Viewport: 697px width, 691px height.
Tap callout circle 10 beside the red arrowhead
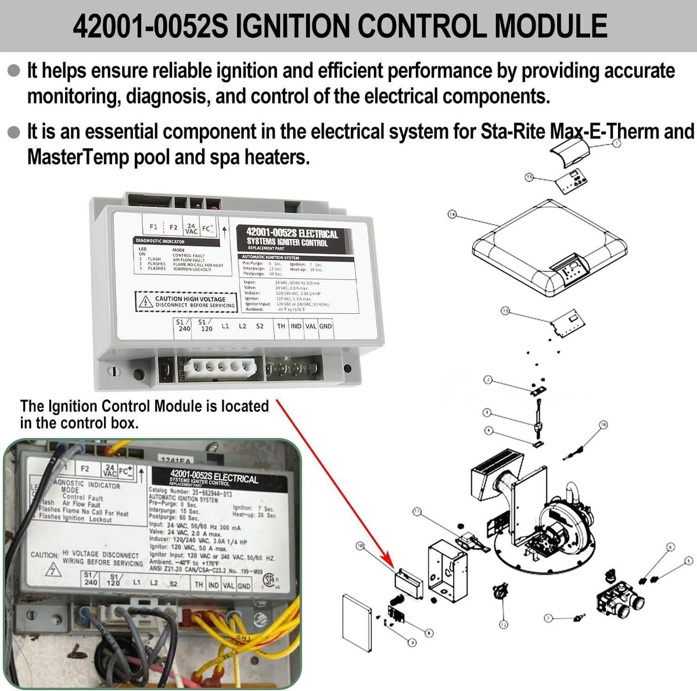point(360,546)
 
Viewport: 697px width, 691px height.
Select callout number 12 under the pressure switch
point(503,624)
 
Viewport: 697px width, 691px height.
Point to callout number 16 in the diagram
point(603,425)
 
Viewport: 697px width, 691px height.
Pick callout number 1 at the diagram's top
point(616,142)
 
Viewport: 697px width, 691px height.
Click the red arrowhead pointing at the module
point(389,564)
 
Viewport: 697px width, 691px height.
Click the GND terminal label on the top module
point(325,327)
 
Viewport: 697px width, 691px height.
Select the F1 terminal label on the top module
point(153,227)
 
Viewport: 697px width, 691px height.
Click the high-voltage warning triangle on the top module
point(143,302)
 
